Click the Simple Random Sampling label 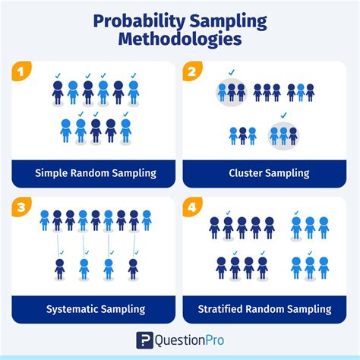click(96, 173)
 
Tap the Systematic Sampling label click(96, 309)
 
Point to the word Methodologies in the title click(180, 38)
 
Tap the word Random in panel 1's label click(90, 173)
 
